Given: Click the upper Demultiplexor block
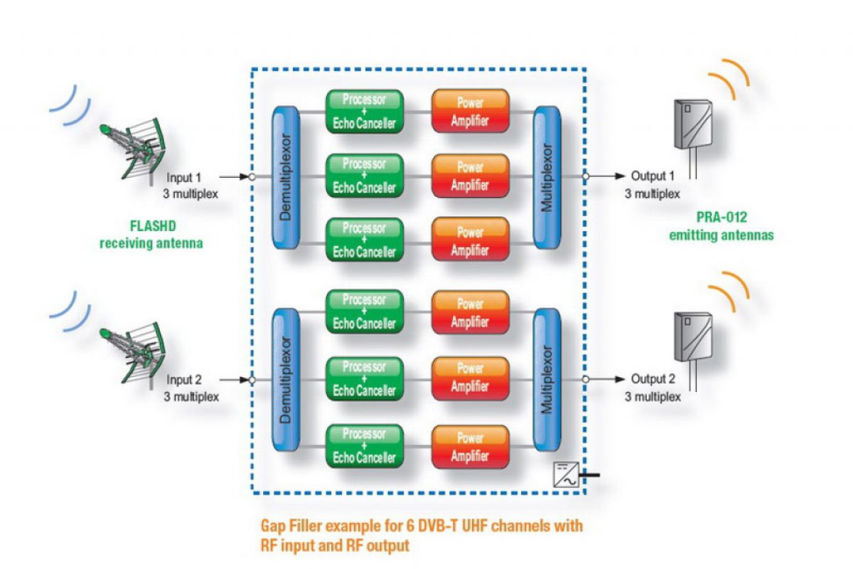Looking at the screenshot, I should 286,176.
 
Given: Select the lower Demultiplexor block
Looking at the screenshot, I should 286,379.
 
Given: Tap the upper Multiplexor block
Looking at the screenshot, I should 547,176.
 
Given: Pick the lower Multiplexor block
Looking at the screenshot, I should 547,379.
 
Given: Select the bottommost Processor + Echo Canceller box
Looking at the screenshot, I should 364,446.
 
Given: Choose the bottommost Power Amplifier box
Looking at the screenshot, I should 470,446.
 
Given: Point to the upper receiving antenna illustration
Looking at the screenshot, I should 134,149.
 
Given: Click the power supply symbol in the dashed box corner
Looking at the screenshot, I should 567,474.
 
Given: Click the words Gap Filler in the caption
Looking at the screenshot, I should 289,527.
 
